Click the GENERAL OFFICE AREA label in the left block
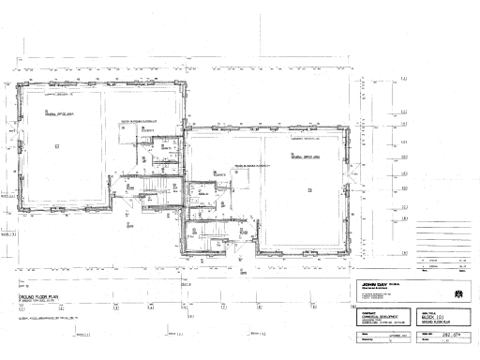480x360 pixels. [x=59, y=112]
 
